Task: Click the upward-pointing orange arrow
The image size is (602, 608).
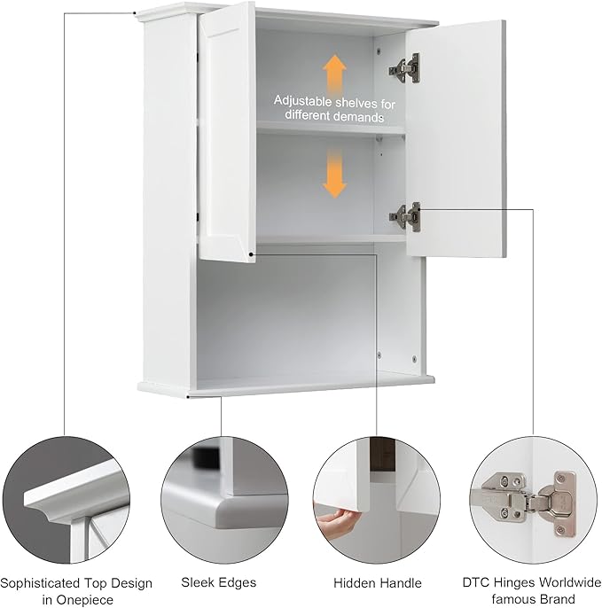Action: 334,72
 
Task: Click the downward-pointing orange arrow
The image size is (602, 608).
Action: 334,172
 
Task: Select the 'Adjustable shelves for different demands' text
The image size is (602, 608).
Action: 333,108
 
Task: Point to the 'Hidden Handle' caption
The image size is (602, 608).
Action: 377,583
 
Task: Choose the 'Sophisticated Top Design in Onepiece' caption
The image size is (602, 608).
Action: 76,591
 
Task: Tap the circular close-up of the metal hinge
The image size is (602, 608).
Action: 532,502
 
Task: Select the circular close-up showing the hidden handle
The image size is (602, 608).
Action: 377,502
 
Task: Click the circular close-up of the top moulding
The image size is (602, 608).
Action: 65,502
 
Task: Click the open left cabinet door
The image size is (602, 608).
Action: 226,133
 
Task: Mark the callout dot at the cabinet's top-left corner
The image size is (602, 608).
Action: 134,12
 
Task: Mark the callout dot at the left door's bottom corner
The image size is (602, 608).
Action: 252,253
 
